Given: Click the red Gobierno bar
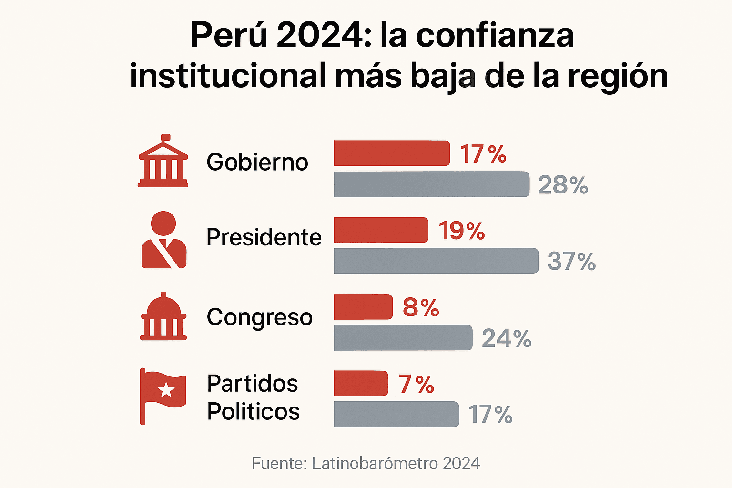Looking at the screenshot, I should (392, 153).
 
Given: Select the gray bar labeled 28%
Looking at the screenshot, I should (431, 184).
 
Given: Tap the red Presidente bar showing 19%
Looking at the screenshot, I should (381, 230).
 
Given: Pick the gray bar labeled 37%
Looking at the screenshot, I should (436, 261).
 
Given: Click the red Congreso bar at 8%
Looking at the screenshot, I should (363, 307).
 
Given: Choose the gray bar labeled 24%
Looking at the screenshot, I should (403, 338).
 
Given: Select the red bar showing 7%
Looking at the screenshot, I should (361, 383).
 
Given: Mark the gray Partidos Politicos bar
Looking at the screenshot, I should (396, 414).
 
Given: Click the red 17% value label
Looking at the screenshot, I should (483, 154).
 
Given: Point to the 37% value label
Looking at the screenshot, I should (571, 262).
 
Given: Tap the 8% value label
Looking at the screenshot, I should (420, 308).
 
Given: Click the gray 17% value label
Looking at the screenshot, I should (490, 415).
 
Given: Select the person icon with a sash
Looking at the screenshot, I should (163, 240).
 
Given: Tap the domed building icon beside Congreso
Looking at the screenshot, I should (163, 316).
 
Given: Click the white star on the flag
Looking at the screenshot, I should (166, 390).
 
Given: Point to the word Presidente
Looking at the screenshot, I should (264, 237).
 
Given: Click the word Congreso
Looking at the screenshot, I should (260, 317).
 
